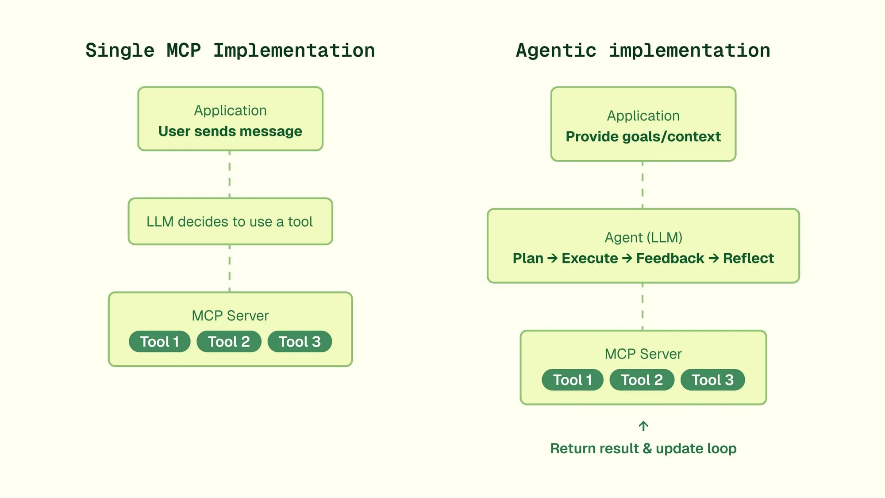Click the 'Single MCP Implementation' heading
[x=230, y=50]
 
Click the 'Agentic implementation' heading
[x=643, y=50]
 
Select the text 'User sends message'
[x=230, y=131]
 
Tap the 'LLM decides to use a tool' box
[x=230, y=221]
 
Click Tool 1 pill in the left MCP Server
[x=160, y=342]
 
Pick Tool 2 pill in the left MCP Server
[x=229, y=342]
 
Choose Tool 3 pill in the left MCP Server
[x=300, y=342]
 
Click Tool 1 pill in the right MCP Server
[x=573, y=380]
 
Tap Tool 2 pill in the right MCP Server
[x=642, y=380]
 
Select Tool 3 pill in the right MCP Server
[x=712, y=380]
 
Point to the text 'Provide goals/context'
[x=643, y=137]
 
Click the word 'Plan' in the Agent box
[x=528, y=259]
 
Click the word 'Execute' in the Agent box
[x=589, y=259]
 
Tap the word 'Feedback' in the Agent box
[x=670, y=259]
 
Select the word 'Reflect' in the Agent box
[x=748, y=259]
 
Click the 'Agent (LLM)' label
[x=643, y=238]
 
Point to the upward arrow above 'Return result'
[x=643, y=426]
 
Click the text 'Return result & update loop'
[x=643, y=448]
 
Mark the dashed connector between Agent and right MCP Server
[x=643, y=306]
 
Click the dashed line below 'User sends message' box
[x=229, y=174]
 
